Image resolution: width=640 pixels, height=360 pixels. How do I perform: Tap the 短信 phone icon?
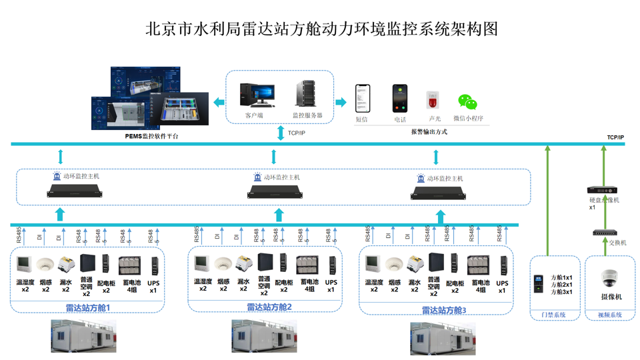[362, 99]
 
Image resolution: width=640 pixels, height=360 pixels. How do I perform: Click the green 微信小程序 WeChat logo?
[467, 102]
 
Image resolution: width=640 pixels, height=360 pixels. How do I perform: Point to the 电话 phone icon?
[399, 99]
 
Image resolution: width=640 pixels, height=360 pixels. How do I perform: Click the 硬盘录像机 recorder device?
[602, 190]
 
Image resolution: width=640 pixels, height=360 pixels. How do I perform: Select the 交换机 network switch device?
[605, 233]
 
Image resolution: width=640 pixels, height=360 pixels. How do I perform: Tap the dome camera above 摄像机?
[609, 278]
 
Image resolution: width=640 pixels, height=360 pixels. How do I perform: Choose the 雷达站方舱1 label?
[88, 308]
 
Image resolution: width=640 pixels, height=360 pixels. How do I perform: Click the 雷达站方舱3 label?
[444, 311]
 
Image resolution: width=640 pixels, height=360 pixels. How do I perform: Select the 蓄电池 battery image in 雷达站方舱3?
[479, 265]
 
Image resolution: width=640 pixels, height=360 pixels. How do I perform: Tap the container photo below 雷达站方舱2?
[264, 336]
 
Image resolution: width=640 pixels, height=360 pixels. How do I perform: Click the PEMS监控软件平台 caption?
[152, 136]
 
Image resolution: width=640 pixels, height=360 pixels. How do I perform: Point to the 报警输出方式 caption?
[429, 132]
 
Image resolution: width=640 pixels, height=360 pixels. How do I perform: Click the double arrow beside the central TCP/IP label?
[281, 133]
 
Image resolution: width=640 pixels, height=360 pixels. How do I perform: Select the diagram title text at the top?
[321, 29]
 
